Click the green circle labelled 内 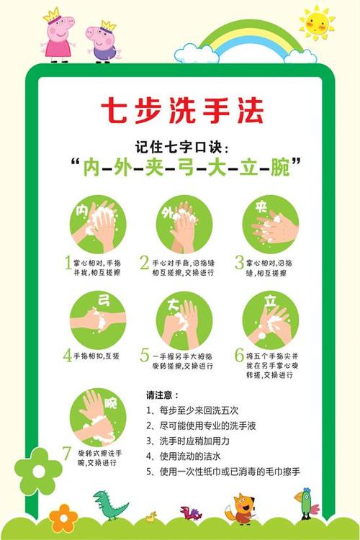pyautogui.click(x=97, y=224)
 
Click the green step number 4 pyautogui.click(x=67, y=355)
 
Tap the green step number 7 pyautogui.click(x=66, y=454)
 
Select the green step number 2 pyautogui.click(x=145, y=263)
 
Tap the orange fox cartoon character pyautogui.click(x=240, y=507)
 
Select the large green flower pyautogui.click(x=37, y=472)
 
